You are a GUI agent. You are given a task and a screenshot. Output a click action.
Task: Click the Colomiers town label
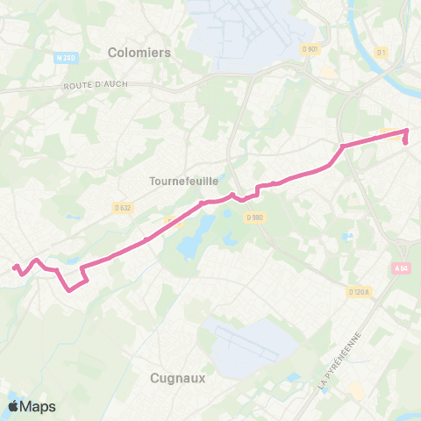pos(139,52)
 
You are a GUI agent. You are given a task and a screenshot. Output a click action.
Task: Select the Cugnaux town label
pos(172,378)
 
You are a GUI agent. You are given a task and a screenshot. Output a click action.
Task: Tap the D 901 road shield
pos(309,47)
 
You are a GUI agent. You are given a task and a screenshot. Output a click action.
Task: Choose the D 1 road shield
pos(381,53)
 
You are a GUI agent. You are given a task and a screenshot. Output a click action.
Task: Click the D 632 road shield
pos(123,207)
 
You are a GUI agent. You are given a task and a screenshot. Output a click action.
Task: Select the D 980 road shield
pos(255,217)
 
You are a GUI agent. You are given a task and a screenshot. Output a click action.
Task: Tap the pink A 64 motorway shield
pos(402,268)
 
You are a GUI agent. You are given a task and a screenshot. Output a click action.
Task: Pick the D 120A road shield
pos(358,291)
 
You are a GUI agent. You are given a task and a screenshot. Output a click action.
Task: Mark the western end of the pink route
pos(13,268)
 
